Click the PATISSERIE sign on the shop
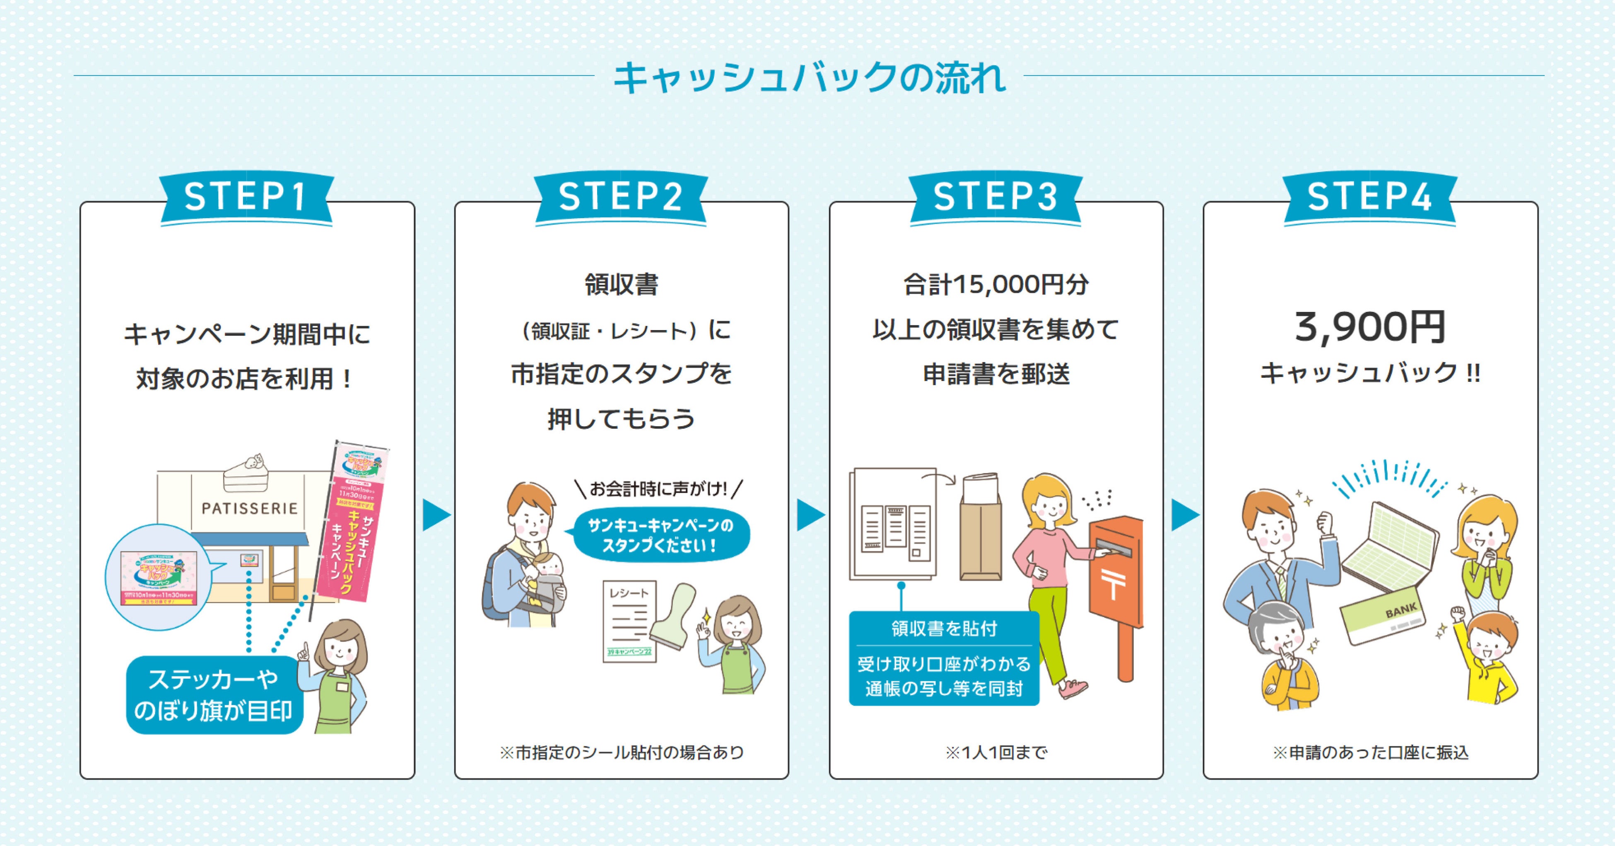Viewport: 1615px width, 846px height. pyautogui.click(x=250, y=508)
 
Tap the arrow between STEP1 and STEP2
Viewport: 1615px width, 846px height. pyautogui.click(x=436, y=515)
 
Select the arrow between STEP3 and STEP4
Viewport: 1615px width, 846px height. pyautogui.click(x=1184, y=515)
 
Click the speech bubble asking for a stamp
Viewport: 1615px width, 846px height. pyautogui.click(x=660, y=535)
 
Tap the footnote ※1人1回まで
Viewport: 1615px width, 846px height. pyautogui.click(x=996, y=752)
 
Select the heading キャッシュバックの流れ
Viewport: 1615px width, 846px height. pyautogui.click(x=809, y=78)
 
